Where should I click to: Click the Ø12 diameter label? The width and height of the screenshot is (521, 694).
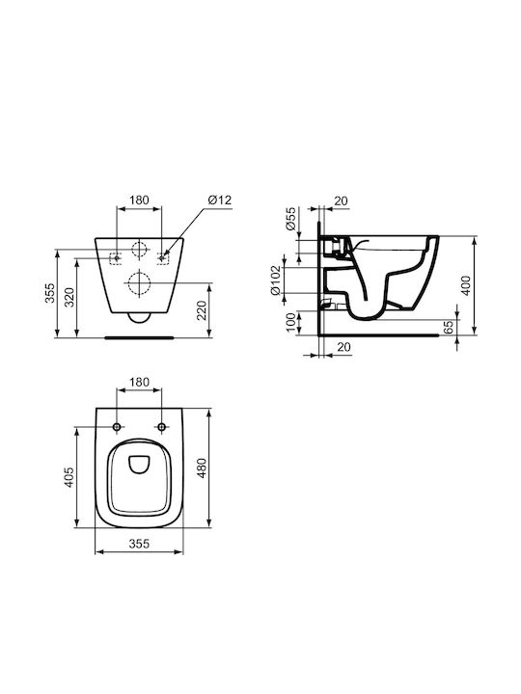(x=219, y=200)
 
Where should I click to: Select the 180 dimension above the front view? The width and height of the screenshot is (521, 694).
(x=139, y=200)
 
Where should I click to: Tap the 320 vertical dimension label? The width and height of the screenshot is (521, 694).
(x=69, y=298)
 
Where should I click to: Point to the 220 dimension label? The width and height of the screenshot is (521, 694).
(x=202, y=310)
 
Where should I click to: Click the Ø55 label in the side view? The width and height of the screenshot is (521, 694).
(x=290, y=218)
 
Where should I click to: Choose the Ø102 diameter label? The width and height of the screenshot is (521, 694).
(x=276, y=280)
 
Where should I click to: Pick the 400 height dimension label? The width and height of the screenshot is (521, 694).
(x=466, y=285)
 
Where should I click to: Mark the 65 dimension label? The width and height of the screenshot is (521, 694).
(x=449, y=327)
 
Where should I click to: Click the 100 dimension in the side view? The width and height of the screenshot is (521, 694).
(x=290, y=322)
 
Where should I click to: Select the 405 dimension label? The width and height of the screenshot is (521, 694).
(x=69, y=477)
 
